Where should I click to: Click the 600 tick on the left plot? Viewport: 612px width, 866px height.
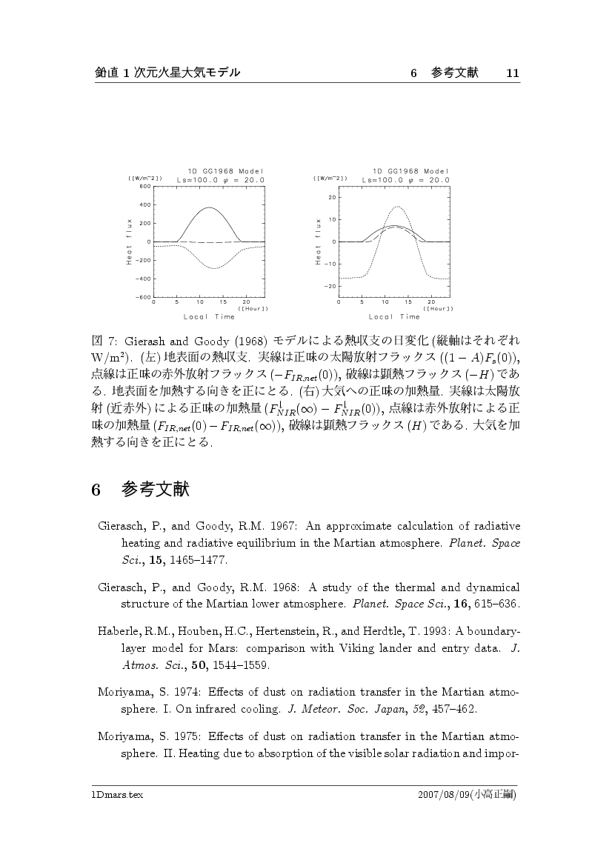[144, 187]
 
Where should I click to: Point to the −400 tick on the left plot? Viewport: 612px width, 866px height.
[143, 279]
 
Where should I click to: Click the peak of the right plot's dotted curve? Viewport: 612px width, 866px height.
[398, 207]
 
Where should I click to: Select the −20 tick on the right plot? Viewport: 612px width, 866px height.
[331, 286]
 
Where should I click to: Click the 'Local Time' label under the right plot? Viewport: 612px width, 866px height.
[393, 317]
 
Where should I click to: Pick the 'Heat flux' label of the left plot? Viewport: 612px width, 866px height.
[129, 242]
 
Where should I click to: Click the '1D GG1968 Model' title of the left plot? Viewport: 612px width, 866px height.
[219, 171]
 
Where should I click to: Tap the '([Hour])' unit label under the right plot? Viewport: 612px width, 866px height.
[437, 308]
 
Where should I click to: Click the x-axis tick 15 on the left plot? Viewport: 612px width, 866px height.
[223, 302]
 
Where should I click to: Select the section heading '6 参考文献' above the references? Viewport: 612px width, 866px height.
[140, 490]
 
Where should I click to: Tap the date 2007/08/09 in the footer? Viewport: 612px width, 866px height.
[445, 795]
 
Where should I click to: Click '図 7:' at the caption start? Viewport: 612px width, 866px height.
[100, 340]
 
